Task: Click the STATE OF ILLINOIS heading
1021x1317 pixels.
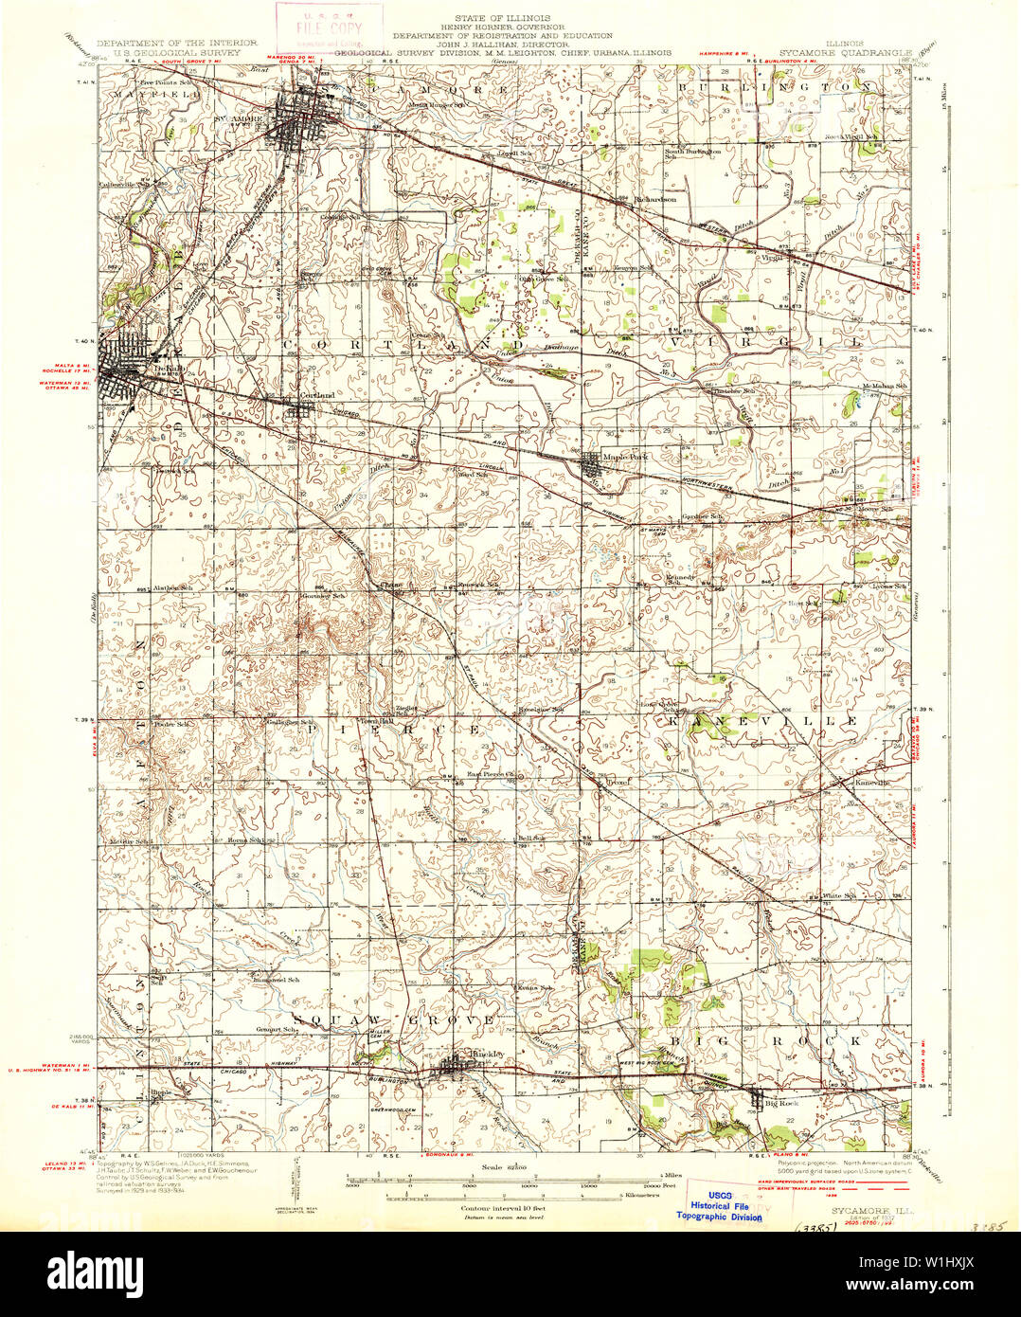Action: click(x=509, y=17)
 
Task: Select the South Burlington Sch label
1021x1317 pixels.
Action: click(x=692, y=153)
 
